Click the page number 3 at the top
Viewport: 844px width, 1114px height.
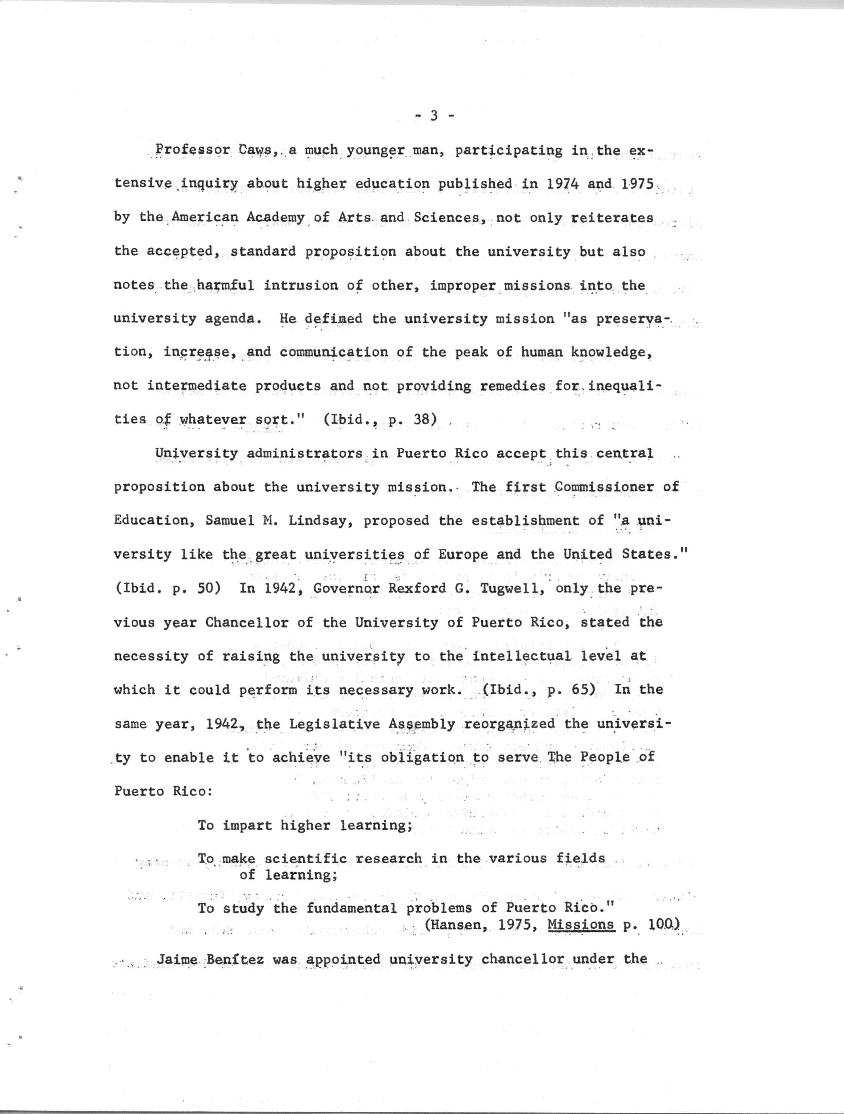pos(434,116)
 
